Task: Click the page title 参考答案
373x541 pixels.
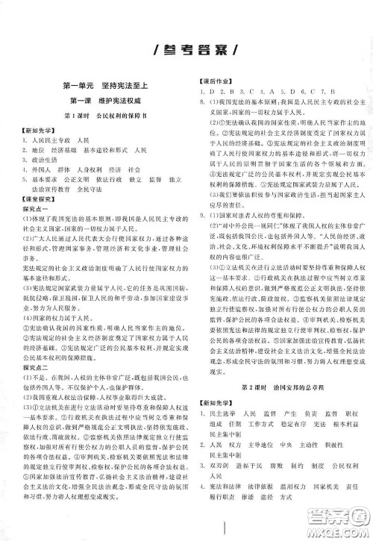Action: coord(186,50)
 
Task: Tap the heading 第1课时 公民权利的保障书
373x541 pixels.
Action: coord(104,116)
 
